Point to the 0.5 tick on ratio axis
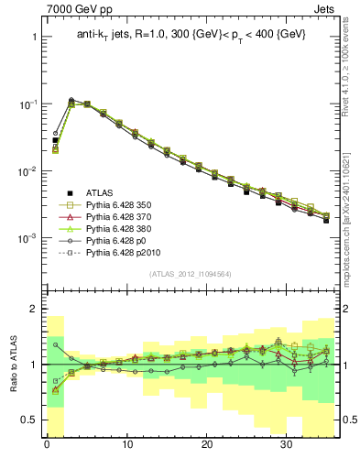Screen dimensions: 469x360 [26, 420]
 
